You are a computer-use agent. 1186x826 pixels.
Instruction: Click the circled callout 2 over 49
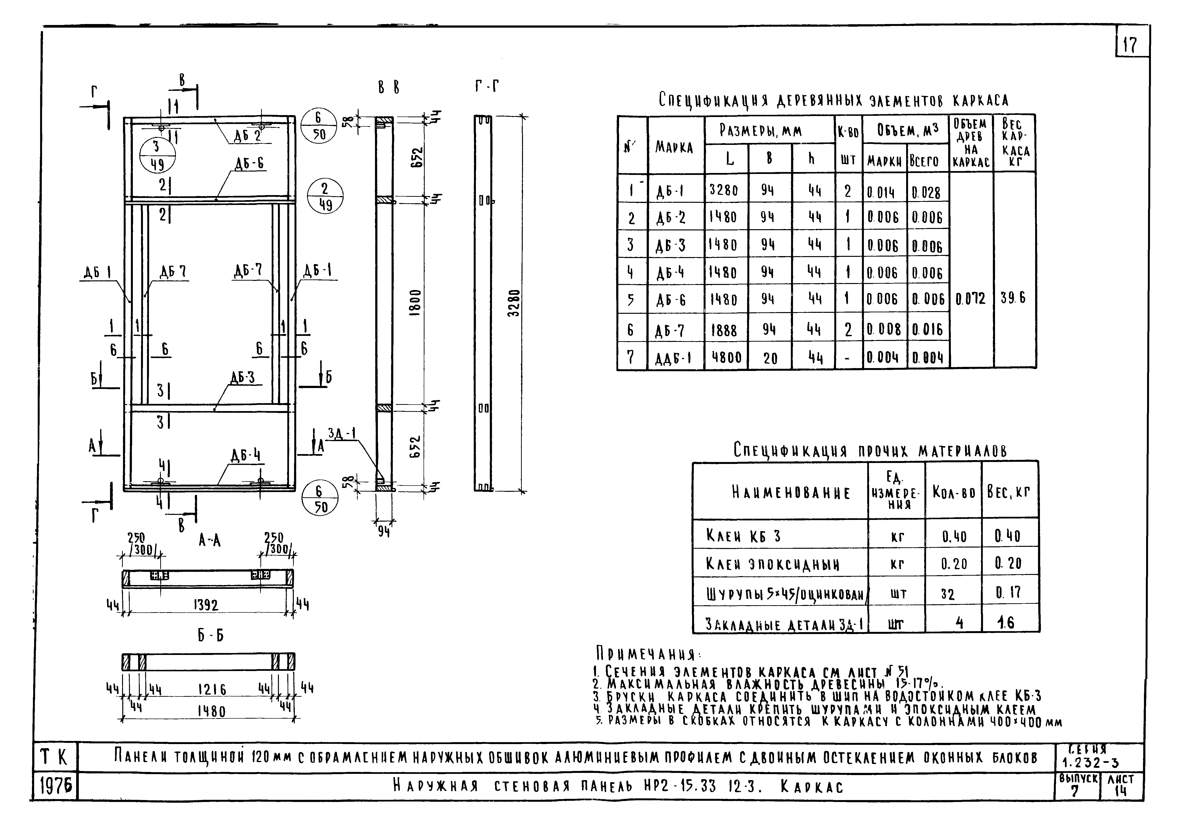pos(325,197)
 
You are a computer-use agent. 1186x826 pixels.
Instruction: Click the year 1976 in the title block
pos(55,787)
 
